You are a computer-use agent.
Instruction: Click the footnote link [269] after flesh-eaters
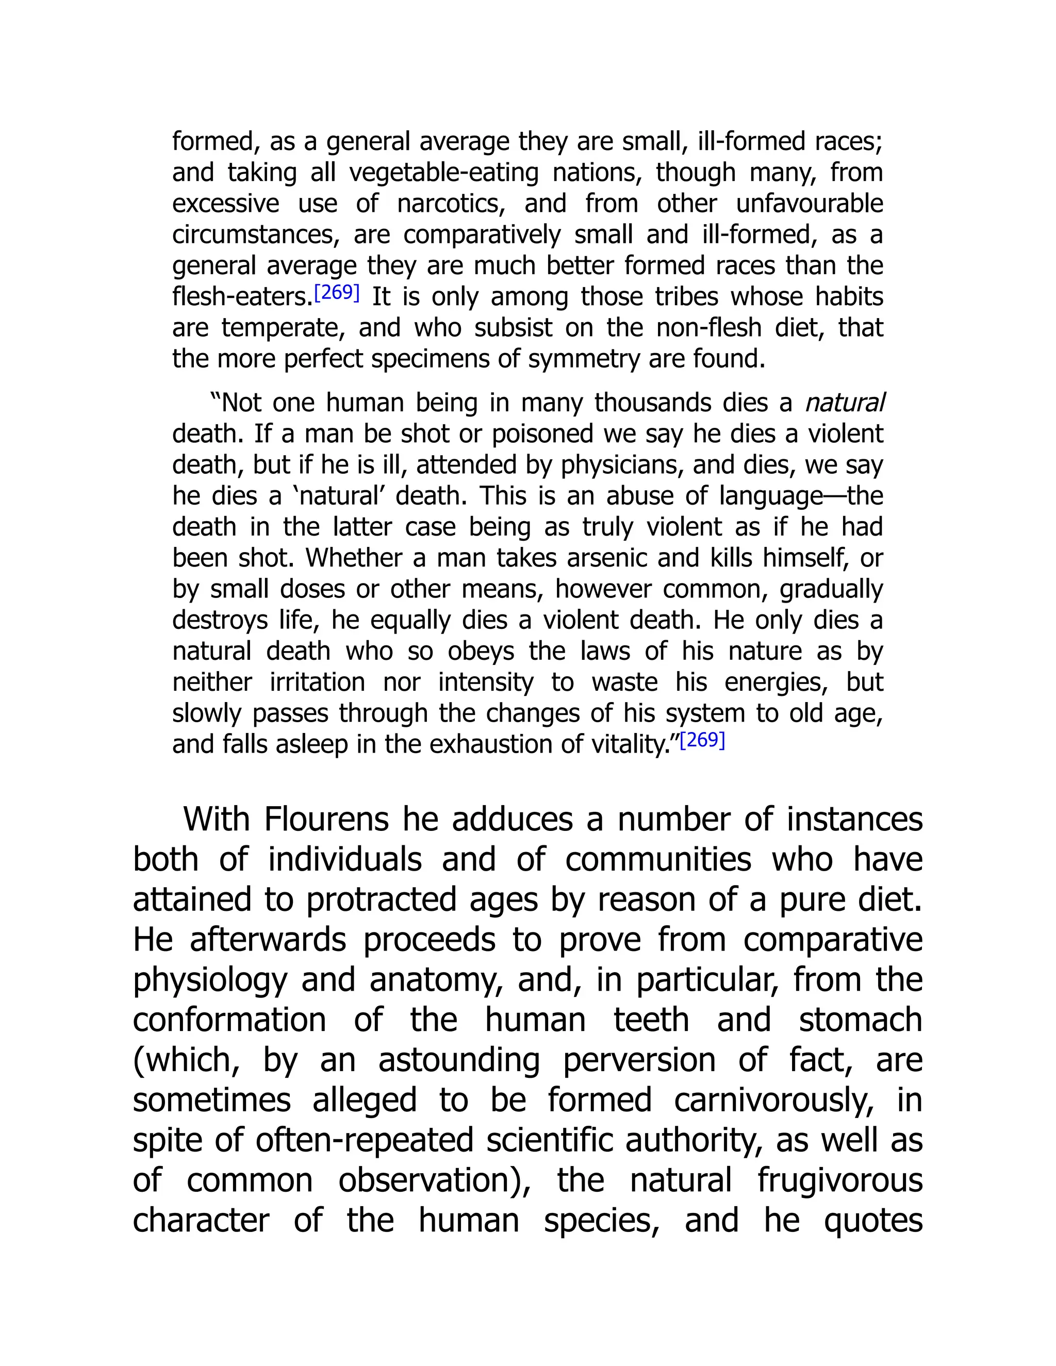pos(337,292)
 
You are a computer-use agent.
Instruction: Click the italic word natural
pos(845,403)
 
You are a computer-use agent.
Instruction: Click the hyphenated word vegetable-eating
pos(443,173)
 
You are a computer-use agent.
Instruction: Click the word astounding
pos(458,1060)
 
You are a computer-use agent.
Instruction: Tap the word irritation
pos(317,682)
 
